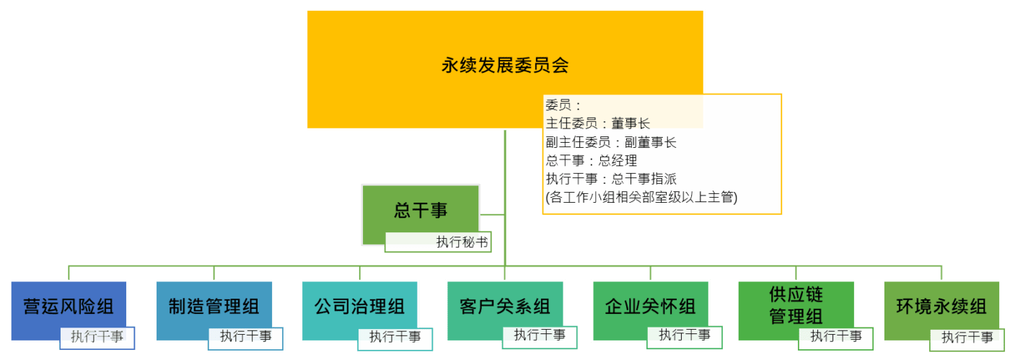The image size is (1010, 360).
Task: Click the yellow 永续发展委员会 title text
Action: click(505, 66)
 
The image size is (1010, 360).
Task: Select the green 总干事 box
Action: click(420, 215)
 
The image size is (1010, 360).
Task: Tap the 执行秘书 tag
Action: click(438, 242)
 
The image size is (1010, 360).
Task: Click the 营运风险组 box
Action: click(69, 311)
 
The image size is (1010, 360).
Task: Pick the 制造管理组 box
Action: click(214, 311)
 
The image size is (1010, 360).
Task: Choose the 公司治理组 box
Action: click(360, 311)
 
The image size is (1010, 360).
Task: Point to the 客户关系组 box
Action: click(505, 311)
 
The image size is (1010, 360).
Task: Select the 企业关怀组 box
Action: click(651, 311)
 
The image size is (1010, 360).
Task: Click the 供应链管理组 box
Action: click(796, 311)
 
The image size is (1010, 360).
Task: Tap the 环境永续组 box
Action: click(941, 311)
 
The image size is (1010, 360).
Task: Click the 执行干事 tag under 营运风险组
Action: click(97, 338)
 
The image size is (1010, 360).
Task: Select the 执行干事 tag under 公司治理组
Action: click(395, 339)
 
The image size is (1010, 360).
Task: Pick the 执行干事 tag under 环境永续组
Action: click(967, 340)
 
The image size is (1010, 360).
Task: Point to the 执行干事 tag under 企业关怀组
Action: click(685, 338)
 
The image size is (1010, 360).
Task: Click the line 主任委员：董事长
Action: click(598, 123)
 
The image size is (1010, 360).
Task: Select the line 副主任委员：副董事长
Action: click(611, 143)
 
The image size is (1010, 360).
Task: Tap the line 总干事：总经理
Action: click(592, 161)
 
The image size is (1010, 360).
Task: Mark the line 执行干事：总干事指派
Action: click(611, 179)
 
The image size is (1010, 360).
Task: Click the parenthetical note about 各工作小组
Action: click(641, 198)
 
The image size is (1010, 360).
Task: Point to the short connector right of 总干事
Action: click(492, 215)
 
